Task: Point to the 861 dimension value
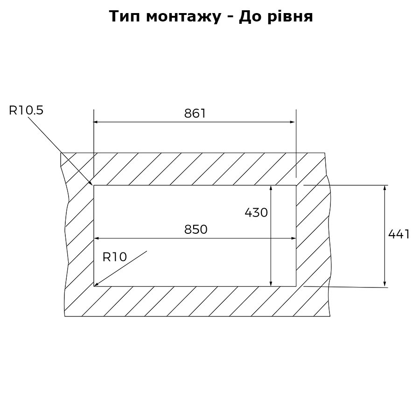pyautogui.click(x=195, y=113)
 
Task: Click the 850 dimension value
pyautogui.click(x=196, y=230)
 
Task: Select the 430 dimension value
pyautogui.click(x=256, y=213)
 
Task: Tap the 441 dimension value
pyautogui.click(x=399, y=234)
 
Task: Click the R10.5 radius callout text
pyautogui.click(x=26, y=110)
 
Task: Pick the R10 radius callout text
pyautogui.click(x=114, y=257)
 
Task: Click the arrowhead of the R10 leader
pyautogui.click(x=96, y=284)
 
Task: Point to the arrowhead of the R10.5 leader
pyautogui.click(x=91, y=183)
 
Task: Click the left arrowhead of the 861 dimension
pyautogui.click(x=95, y=122)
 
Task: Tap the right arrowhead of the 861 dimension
pyautogui.click(x=293, y=122)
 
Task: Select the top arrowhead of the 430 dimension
pyautogui.click(x=271, y=188)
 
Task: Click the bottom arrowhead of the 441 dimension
pyautogui.click(x=385, y=284)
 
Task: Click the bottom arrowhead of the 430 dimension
pyautogui.click(x=271, y=284)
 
